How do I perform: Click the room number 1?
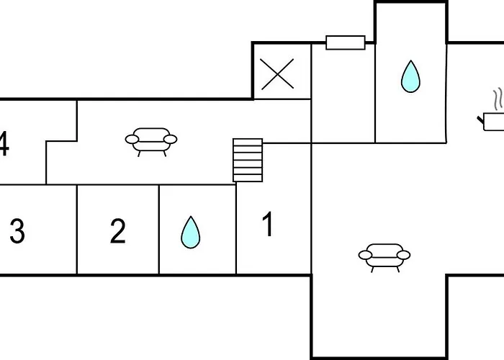pyautogui.click(x=268, y=224)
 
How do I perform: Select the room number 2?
pyautogui.click(x=117, y=231)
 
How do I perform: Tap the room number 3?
pyautogui.click(x=17, y=231)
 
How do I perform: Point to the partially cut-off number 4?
pyautogui.click(x=4, y=143)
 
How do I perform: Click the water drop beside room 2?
pyautogui.click(x=191, y=233)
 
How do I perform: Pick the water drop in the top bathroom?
pyautogui.click(x=410, y=76)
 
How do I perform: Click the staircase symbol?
pyautogui.click(x=248, y=160)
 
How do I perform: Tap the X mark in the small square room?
pyautogui.click(x=277, y=73)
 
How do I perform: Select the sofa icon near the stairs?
pyautogui.click(x=151, y=142)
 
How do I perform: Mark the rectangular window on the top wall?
pyautogui.click(x=346, y=42)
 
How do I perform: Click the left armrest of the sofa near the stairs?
pyautogui.click(x=132, y=139)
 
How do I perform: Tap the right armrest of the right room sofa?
pyautogui.click(x=403, y=255)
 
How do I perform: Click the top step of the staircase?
pyautogui.click(x=248, y=143)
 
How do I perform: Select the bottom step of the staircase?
pyautogui.click(x=248, y=179)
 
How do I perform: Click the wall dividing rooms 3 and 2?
pyautogui.click(x=77, y=230)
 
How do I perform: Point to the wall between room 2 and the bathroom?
pyautogui.click(x=159, y=230)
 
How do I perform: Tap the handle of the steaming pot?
pyautogui.click(x=480, y=120)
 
